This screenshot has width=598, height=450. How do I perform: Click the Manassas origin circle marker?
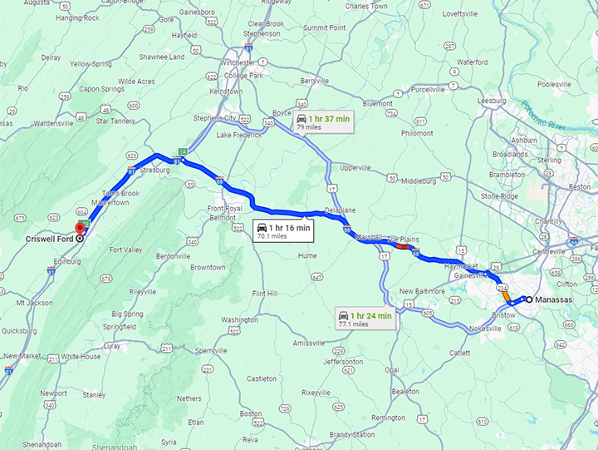529,299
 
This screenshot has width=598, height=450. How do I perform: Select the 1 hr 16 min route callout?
283,230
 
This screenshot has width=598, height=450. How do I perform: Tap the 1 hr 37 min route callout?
322,123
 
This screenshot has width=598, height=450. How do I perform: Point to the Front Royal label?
224,208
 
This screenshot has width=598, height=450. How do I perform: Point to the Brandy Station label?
352,434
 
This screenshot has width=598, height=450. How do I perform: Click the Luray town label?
112,345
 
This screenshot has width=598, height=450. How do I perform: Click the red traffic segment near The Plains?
403,246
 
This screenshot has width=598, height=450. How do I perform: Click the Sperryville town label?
211,351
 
